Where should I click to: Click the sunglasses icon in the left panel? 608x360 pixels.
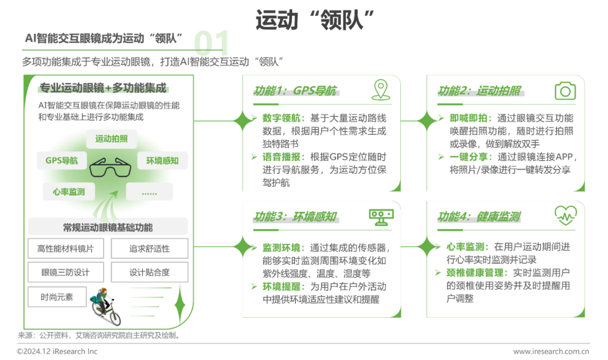(110, 167)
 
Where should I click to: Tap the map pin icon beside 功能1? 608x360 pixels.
(381, 89)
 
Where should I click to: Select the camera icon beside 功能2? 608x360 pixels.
(565, 91)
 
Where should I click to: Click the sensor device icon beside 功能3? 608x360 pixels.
(381, 217)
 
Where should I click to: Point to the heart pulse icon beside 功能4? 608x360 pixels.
(566, 215)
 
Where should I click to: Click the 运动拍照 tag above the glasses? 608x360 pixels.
(111, 139)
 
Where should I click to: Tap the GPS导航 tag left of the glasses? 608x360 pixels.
(62, 160)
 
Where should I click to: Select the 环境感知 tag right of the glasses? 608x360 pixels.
(163, 160)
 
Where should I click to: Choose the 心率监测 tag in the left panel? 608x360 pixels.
(69, 191)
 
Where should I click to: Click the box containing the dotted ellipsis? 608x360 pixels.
(150, 191)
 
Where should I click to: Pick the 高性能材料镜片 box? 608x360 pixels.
(66, 249)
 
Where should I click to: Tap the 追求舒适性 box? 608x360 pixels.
(150, 249)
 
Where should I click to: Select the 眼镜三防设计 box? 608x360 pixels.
(66, 272)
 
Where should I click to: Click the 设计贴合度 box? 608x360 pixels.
(150, 272)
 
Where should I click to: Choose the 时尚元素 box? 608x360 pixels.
(57, 297)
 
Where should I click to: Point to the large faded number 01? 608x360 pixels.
(212, 43)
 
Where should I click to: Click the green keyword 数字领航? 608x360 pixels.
(281, 118)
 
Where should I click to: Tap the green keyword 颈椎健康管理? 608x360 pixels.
(475, 272)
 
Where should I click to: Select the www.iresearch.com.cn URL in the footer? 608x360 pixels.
(551, 352)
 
